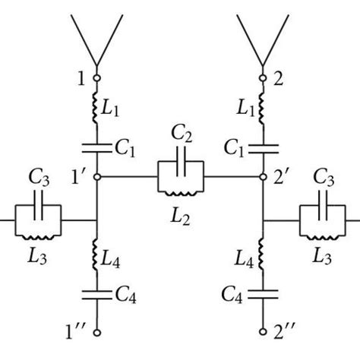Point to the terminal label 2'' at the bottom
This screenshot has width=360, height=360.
[x=285, y=331]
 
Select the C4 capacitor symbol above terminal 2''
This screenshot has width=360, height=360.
[x=263, y=292]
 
